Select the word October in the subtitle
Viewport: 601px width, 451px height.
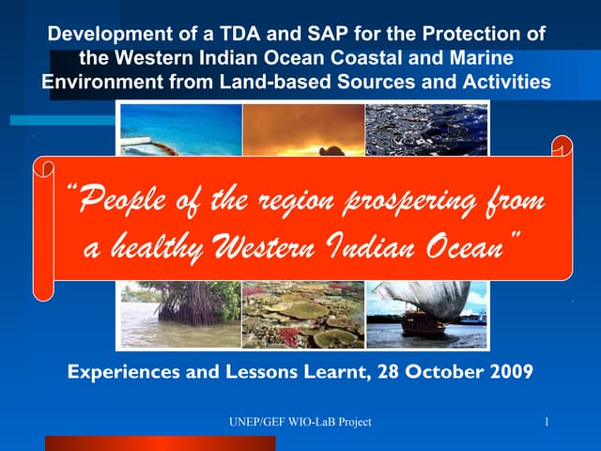click(440, 371)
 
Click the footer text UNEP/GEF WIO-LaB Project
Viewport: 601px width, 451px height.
click(300, 423)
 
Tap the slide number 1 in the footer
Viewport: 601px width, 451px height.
click(546, 423)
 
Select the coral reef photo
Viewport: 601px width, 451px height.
click(303, 315)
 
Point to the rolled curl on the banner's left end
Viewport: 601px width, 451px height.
click(44, 169)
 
